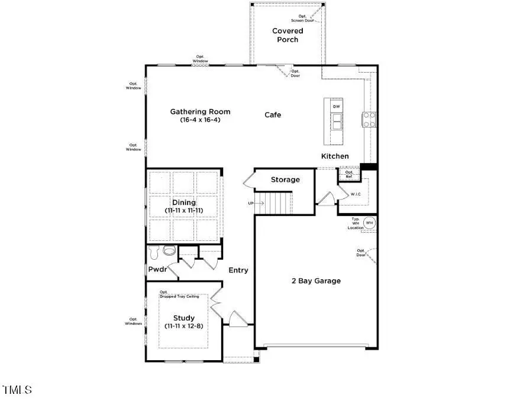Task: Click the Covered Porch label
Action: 288,35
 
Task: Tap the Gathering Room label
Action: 200,112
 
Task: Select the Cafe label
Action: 273,115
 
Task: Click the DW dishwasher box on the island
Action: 337,106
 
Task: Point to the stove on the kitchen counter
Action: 370,120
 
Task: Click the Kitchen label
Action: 335,156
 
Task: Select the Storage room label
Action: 285,179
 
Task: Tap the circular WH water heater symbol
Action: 369,223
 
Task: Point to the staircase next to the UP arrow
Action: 278,204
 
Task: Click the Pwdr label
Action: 157,270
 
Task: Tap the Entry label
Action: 238,270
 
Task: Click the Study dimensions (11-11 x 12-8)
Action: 184,326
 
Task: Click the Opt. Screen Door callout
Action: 306,18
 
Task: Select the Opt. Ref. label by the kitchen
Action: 349,174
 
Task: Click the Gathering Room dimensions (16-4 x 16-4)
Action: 200,120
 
